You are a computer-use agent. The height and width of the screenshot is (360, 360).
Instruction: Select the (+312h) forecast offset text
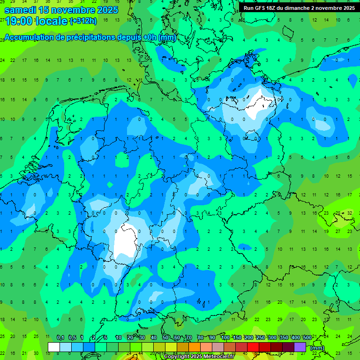click(83, 21)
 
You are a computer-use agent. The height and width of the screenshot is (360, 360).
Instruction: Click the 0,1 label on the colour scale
click(60, 337)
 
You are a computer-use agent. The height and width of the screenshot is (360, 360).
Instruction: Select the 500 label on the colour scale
click(307, 337)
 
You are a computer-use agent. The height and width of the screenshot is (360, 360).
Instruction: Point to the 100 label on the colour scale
click(225, 337)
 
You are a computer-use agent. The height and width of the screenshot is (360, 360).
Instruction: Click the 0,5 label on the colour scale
click(72, 337)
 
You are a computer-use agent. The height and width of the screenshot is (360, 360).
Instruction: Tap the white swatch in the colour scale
click(54, 347)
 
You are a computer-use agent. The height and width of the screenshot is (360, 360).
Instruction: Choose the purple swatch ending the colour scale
click(300, 347)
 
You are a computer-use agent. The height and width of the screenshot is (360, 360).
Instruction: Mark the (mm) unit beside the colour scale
click(317, 348)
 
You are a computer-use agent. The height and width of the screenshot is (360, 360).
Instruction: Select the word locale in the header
click(52, 22)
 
